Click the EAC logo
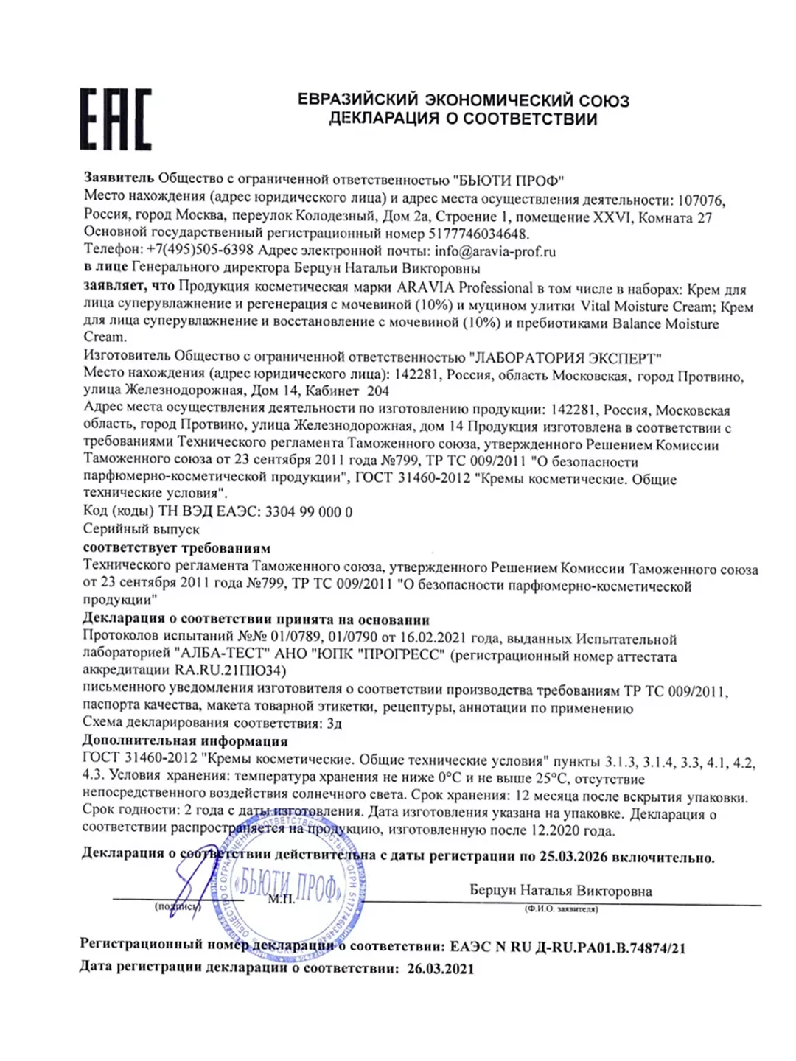115,119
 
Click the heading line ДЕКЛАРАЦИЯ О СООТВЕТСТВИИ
463,119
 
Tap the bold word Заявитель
119,178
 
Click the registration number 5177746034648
478,234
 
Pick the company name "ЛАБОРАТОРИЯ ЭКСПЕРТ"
565,358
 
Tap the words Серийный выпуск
141,529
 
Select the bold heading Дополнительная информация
185,740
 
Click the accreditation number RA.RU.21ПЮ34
229,670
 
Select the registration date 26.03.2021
440,968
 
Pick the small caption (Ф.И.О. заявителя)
561,909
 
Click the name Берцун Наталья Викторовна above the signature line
561,891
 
